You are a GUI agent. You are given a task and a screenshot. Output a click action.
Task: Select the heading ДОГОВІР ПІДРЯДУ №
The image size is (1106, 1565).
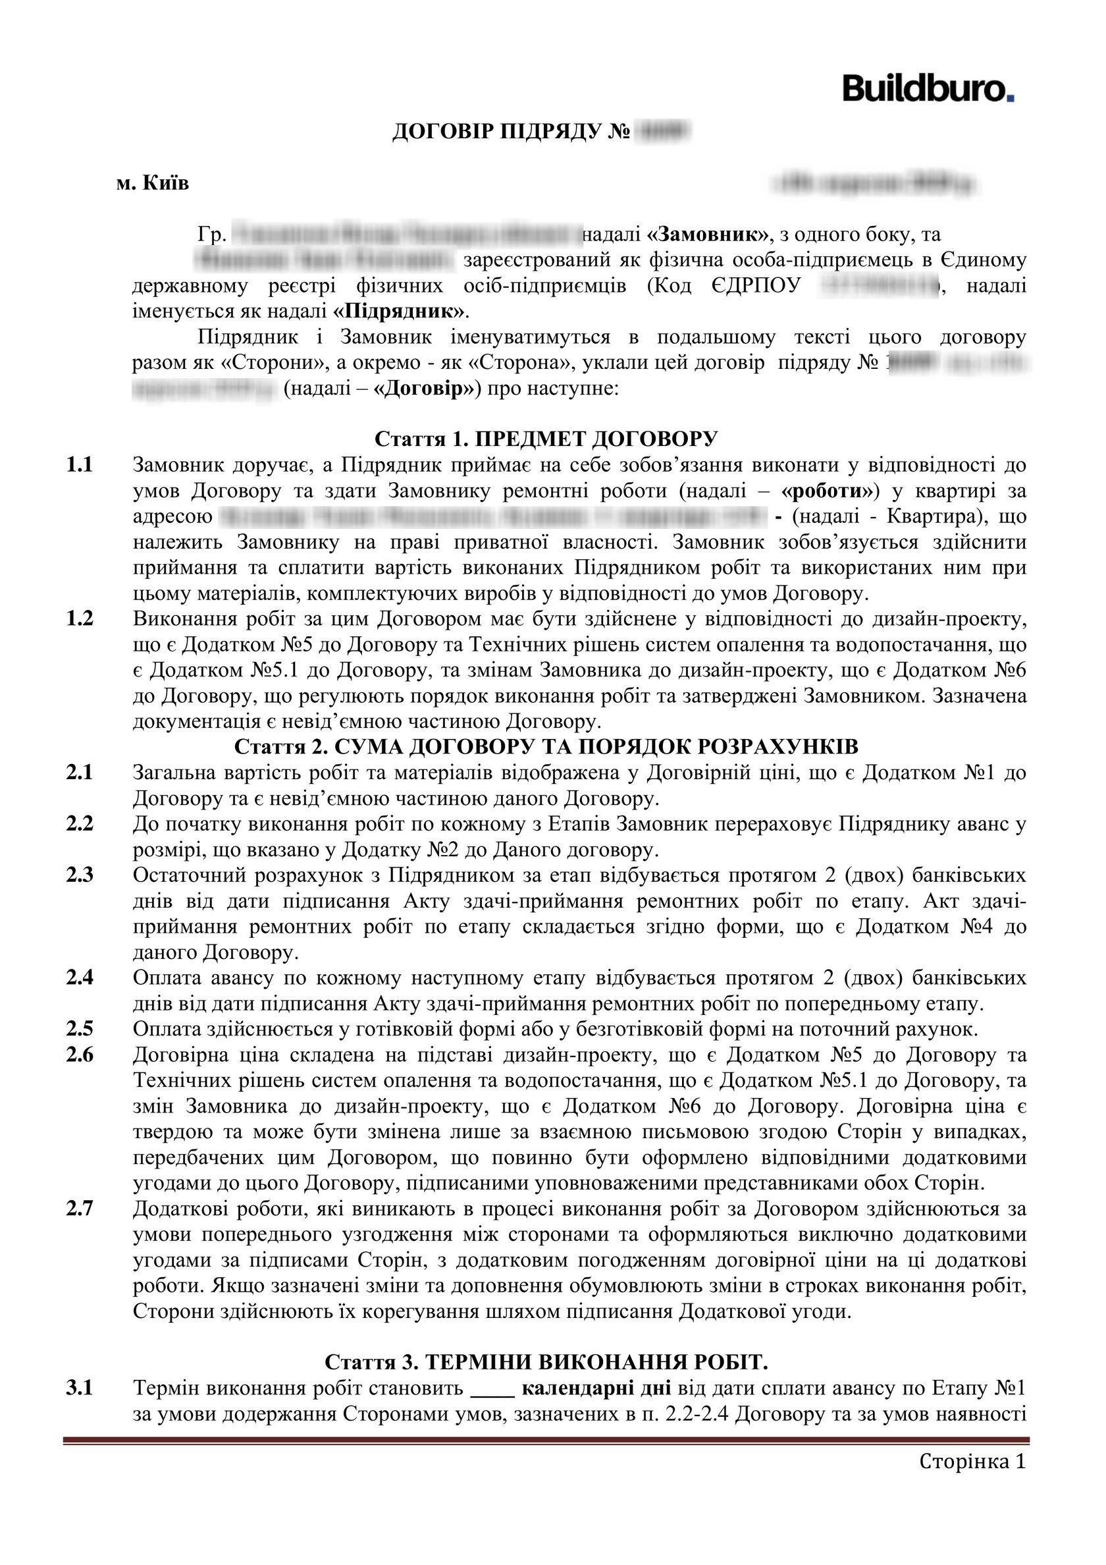pos(510,132)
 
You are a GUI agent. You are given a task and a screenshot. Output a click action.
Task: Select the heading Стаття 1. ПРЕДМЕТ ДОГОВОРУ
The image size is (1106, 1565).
pos(546,437)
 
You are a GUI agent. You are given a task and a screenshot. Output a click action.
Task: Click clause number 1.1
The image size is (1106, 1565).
pos(79,465)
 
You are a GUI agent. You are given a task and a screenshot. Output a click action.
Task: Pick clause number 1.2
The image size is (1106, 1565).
pos(79,619)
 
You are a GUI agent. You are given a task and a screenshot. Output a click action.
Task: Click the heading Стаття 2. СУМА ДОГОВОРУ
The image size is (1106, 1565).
pos(546,746)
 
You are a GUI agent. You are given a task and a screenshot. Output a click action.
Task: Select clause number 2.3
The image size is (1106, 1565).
pos(80,875)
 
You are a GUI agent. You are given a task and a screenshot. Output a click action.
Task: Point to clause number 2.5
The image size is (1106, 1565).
pos(80,1028)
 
